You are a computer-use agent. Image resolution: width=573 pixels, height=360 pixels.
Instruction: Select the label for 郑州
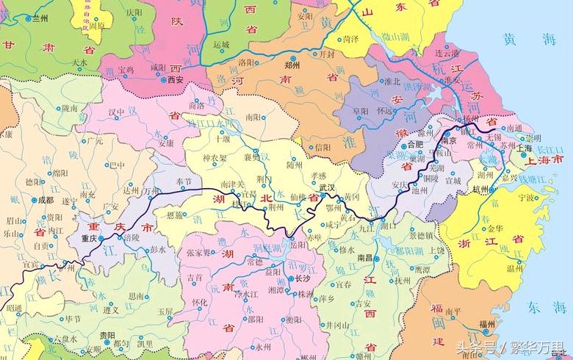(x=294, y=65)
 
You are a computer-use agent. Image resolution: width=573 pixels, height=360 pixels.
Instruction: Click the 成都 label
(x=46, y=199)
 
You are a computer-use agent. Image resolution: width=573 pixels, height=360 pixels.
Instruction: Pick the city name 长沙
(x=303, y=279)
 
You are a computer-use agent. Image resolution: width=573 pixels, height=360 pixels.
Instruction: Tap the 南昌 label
(x=365, y=258)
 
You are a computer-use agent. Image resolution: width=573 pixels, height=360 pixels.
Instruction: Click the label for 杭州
(x=480, y=189)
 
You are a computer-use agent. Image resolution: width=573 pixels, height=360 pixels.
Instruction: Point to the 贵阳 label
(x=107, y=334)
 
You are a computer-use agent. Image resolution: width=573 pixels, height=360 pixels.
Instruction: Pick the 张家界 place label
(x=202, y=252)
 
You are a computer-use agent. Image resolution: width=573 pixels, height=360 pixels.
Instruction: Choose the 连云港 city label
(x=447, y=54)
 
